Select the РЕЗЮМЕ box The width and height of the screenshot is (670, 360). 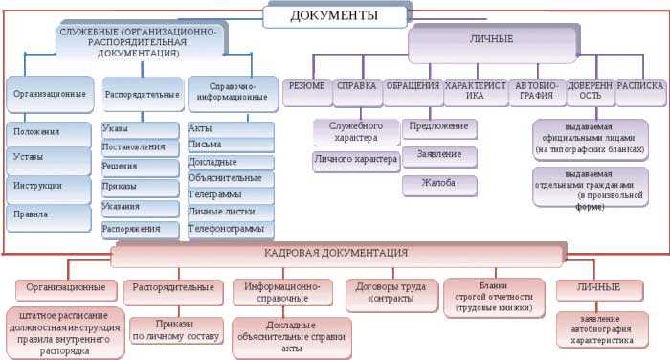(x=306, y=86)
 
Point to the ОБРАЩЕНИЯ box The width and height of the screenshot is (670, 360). (x=413, y=86)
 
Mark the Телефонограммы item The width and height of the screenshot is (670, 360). (x=231, y=230)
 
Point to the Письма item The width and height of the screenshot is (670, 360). (x=231, y=145)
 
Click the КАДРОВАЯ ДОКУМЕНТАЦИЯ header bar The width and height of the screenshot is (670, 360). (x=335, y=254)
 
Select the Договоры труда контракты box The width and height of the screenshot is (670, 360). (x=389, y=294)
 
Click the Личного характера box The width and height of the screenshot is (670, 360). (x=355, y=160)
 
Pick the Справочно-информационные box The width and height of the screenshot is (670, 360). (x=231, y=92)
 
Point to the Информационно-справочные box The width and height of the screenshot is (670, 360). (x=280, y=292)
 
